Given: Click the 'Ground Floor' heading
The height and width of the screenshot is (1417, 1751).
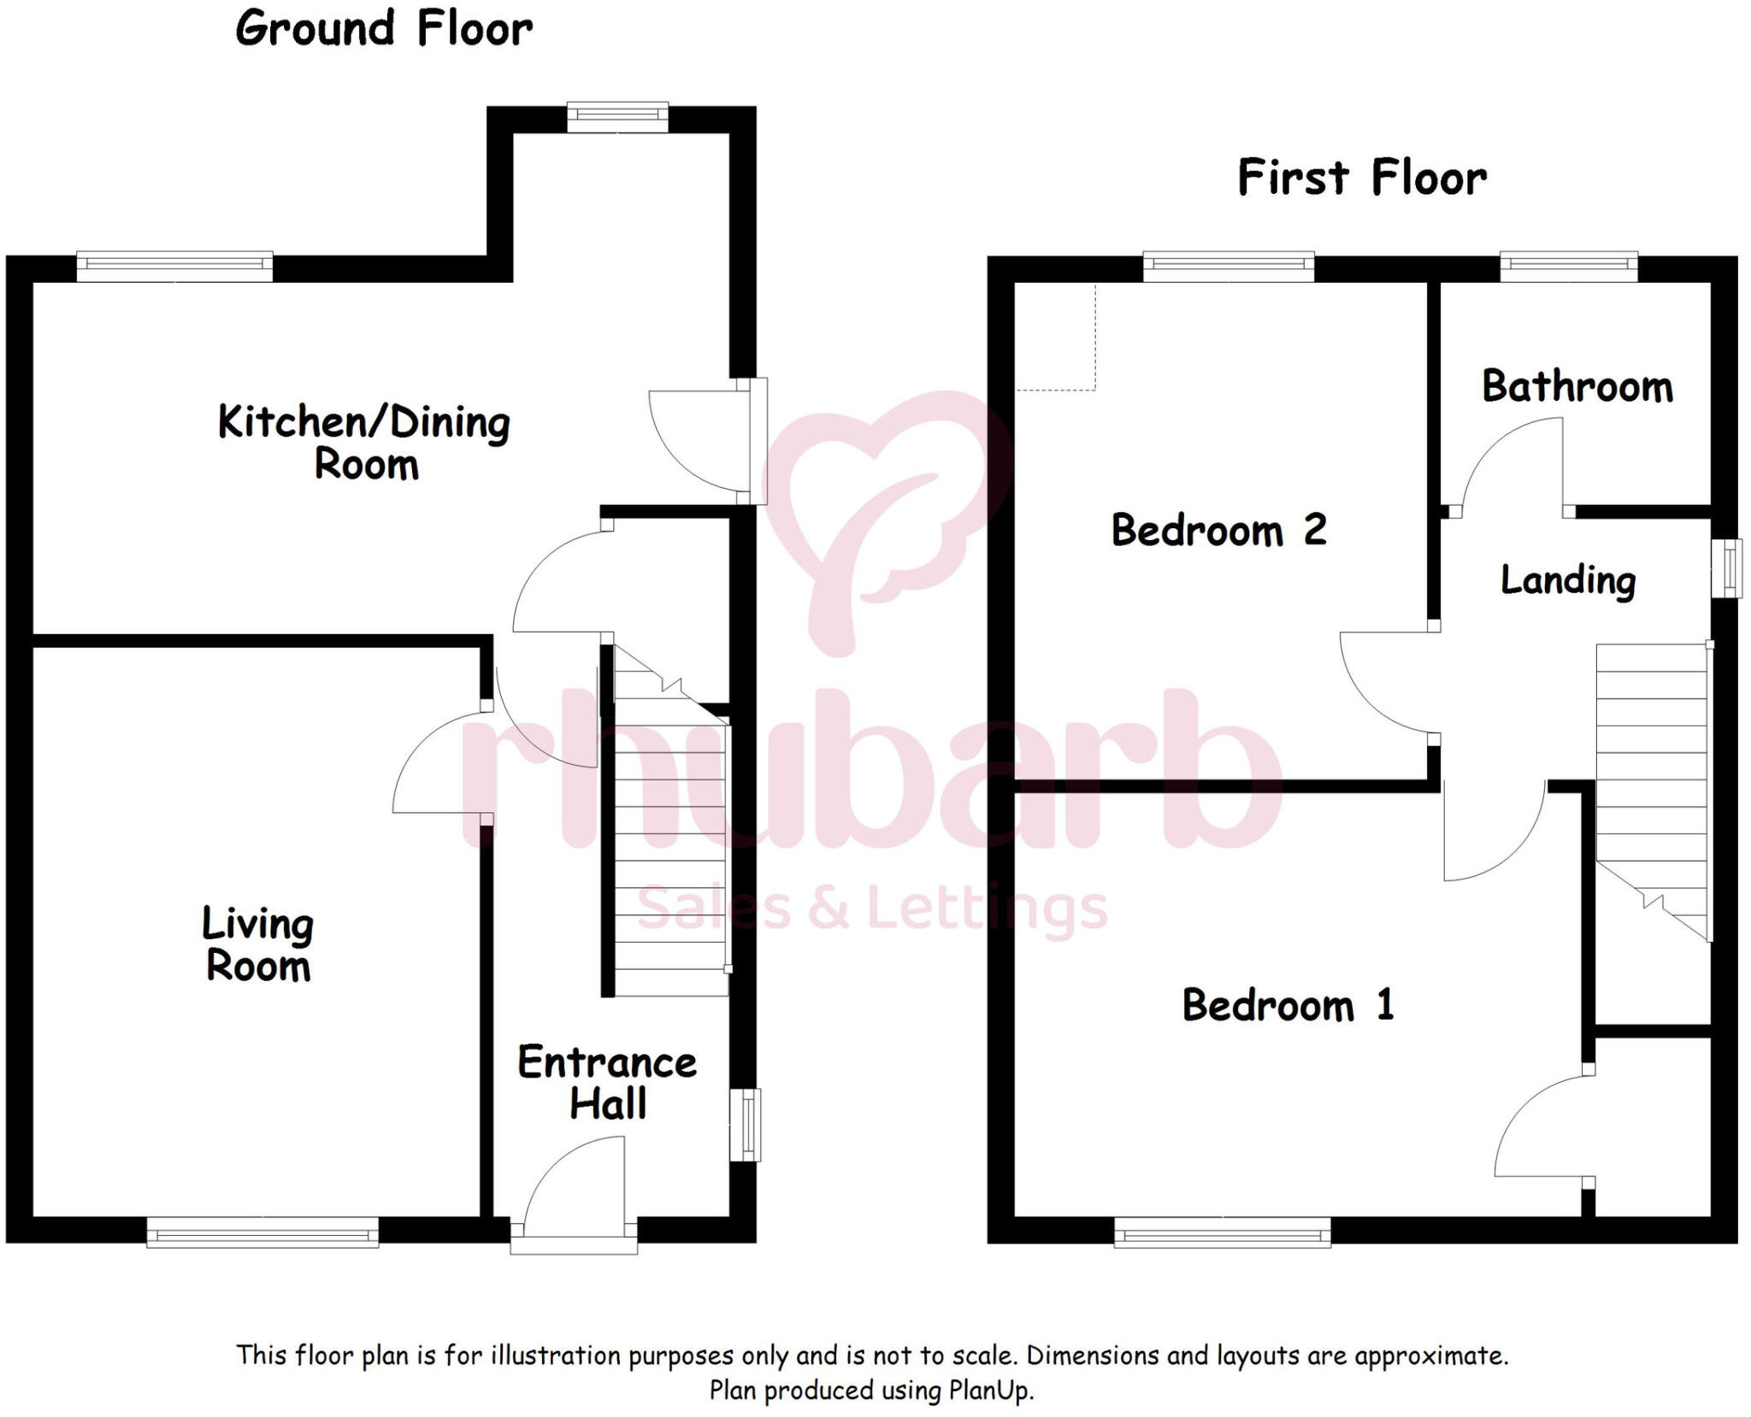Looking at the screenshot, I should click(x=384, y=28).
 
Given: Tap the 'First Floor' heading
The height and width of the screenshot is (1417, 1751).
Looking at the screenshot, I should click(x=1361, y=178).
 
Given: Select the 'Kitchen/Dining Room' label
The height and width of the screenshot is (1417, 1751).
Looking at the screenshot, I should click(x=365, y=443).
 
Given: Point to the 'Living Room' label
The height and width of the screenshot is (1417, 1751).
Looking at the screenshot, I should click(x=258, y=944).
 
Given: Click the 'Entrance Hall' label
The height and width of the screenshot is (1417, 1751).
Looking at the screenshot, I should click(x=607, y=1082).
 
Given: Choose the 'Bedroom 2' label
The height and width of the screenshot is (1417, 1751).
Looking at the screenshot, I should click(x=1218, y=530).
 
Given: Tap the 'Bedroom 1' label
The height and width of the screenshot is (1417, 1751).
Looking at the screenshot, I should click(x=1288, y=1005).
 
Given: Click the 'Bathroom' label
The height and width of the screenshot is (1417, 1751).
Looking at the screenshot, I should click(x=1577, y=386).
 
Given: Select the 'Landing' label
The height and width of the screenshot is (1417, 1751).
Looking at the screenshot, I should click(x=1568, y=580).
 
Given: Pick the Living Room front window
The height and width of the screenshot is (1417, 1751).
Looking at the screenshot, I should click(x=262, y=1232).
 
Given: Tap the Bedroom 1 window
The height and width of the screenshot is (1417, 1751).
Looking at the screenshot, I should click(x=1223, y=1232).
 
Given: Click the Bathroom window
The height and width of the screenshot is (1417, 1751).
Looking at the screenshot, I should click(x=1569, y=266).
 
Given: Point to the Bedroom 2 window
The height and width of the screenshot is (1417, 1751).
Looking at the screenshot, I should click(x=1229, y=266).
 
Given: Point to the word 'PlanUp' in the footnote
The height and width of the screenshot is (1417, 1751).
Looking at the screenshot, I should click(x=989, y=1391).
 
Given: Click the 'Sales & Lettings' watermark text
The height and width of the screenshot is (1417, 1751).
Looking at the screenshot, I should click(x=872, y=908).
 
